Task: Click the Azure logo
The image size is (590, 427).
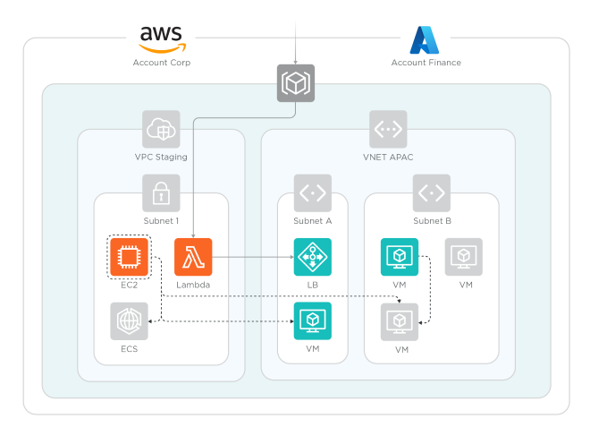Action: pyautogui.click(x=425, y=40)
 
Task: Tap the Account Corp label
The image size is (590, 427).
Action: pyautogui.click(x=161, y=63)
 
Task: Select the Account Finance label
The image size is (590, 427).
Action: pyautogui.click(x=426, y=63)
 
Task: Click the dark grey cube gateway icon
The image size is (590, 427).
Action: pyautogui.click(x=295, y=82)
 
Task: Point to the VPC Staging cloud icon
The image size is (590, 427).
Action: pyautogui.click(x=161, y=129)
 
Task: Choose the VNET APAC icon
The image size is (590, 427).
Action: pyautogui.click(x=388, y=129)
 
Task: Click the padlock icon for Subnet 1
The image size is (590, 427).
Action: pyautogui.click(x=161, y=192)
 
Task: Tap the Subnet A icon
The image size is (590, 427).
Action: pyautogui.click(x=312, y=192)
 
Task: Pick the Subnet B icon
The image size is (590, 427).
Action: pyautogui.click(x=432, y=192)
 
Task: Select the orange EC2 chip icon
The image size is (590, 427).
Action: pyautogui.click(x=129, y=257)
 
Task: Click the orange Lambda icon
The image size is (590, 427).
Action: pyautogui.click(x=193, y=257)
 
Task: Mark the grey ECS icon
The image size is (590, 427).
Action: pyautogui.click(x=129, y=320)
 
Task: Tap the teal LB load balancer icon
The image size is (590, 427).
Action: pyautogui.click(x=312, y=257)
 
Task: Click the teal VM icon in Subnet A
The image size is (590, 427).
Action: pyautogui.click(x=312, y=320)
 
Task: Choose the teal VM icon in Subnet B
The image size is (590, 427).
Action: pyautogui.click(x=400, y=257)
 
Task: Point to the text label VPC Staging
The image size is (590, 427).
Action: pyautogui.click(x=161, y=158)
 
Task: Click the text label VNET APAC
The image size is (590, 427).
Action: pyautogui.click(x=388, y=158)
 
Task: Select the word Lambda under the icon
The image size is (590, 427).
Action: pyautogui.click(x=193, y=285)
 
